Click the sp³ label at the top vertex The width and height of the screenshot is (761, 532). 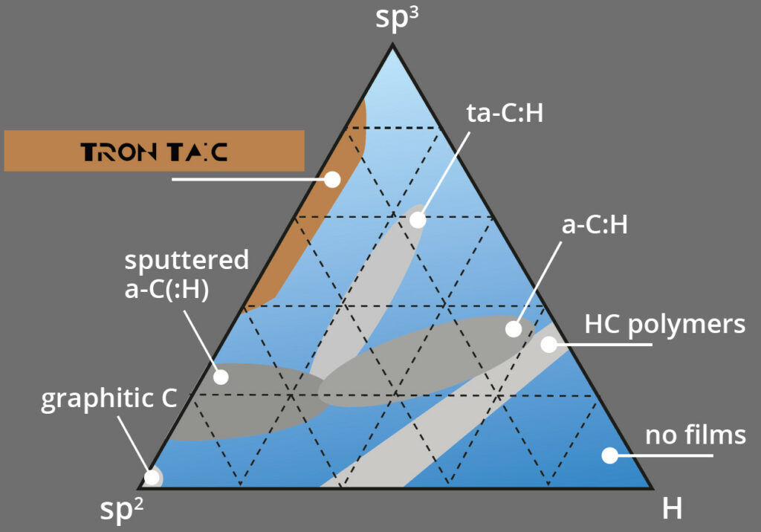tap(397, 19)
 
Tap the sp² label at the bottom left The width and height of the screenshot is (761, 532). tap(121, 509)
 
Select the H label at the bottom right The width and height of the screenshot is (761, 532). tap(672, 508)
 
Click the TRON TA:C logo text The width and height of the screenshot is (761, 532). tap(155, 152)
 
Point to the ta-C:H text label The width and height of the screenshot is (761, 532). tap(505, 113)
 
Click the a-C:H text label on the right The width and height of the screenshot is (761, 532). tap(595, 224)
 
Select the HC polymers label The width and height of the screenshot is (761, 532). tap(665, 325)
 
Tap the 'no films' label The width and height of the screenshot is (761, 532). tap(696, 435)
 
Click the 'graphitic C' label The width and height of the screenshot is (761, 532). tap(109, 399)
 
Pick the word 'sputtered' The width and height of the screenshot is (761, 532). tap(187, 260)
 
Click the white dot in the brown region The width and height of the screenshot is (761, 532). tap(332, 180)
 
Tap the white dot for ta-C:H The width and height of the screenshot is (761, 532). tap(418, 220)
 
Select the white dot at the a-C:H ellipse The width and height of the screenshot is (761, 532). tap(514, 328)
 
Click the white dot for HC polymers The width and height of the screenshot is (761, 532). tap(549, 344)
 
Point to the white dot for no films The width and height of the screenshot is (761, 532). tap(609, 455)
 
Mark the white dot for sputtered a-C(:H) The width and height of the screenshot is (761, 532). tap(221, 377)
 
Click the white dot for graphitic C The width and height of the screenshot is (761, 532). tap(152, 478)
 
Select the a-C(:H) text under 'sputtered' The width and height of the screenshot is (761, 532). tap(167, 289)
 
